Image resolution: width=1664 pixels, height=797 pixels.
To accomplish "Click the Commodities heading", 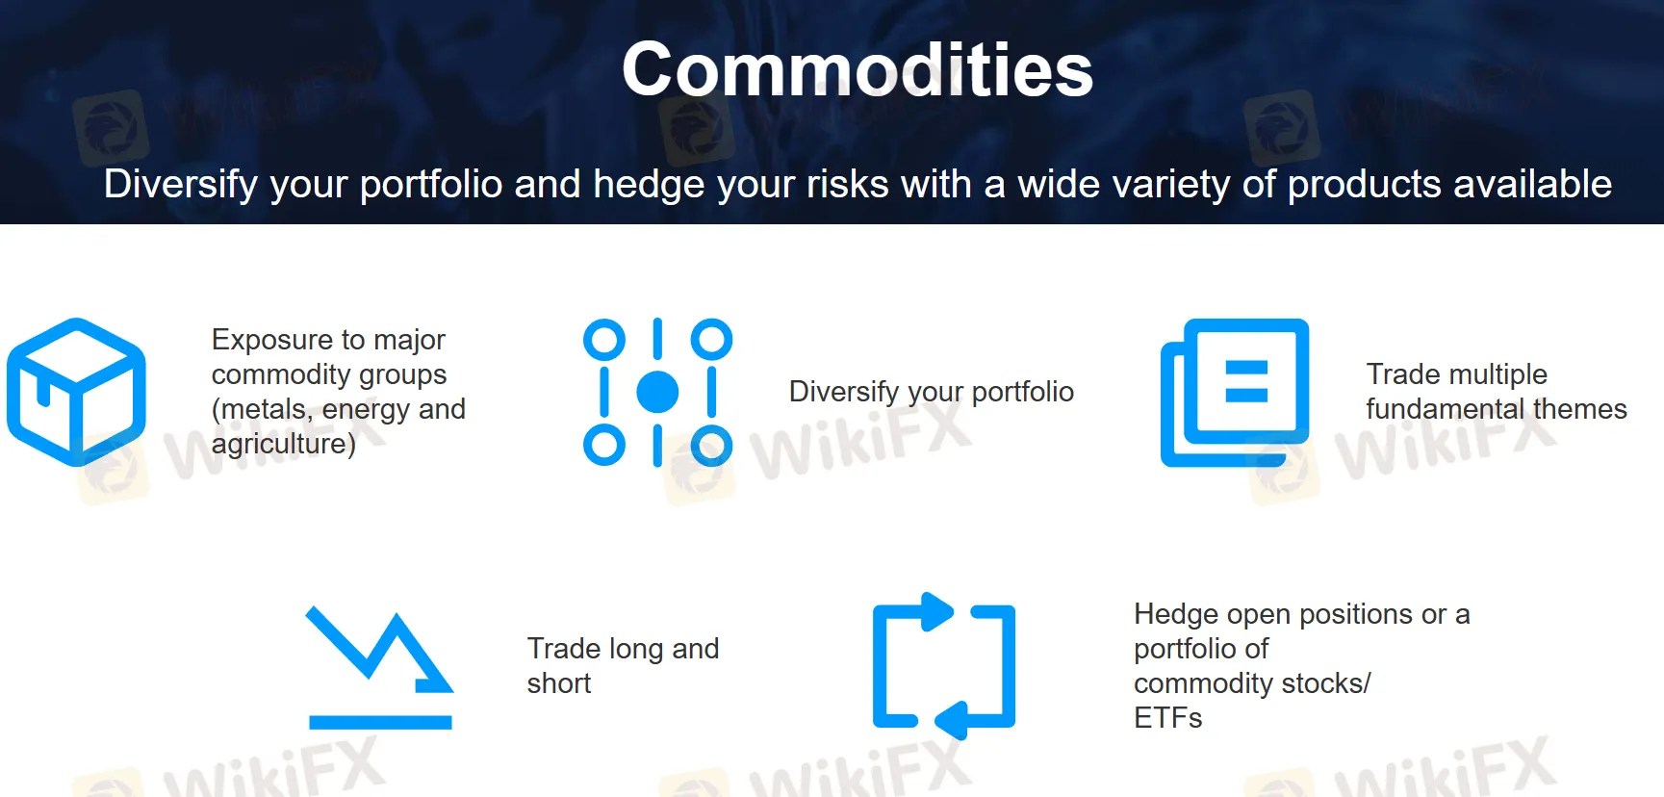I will [857, 70].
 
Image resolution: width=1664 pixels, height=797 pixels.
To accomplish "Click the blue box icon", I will [76, 392].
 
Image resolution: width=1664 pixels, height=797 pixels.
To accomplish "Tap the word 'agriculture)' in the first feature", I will [283, 444].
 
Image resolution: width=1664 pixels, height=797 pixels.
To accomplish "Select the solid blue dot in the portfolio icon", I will [657, 392].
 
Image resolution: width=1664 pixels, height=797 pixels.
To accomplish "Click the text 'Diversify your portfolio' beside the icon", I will [931, 392].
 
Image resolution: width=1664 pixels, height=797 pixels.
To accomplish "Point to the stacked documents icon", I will [1235, 392].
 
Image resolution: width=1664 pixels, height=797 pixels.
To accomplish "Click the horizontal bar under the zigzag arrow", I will [380, 722].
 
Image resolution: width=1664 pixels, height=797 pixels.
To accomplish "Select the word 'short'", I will [558, 683].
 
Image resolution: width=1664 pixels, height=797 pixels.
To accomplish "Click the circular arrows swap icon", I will [944, 666].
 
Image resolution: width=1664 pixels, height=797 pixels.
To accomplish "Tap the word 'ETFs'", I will [1167, 718].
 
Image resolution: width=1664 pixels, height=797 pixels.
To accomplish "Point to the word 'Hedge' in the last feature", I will [1177, 614].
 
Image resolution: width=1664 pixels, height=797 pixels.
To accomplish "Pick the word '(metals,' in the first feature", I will [262, 409].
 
